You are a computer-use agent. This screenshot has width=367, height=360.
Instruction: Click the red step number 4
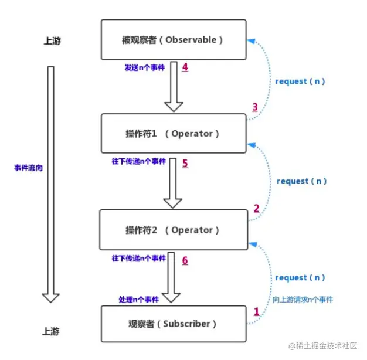click(185, 67)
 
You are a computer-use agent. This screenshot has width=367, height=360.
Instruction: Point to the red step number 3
click(255, 107)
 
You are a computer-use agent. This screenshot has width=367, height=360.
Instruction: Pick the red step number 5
click(185, 164)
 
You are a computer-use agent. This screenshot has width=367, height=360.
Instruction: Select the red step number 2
click(257, 208)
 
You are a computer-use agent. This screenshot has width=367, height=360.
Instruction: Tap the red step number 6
click(185, 260)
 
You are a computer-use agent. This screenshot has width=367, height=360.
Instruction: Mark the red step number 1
click(257, 311)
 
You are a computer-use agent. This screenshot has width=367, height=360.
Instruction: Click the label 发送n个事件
click(145, 67)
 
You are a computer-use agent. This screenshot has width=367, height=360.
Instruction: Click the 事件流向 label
click(28, 168)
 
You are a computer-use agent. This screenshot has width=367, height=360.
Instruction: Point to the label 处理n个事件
click(139, 300)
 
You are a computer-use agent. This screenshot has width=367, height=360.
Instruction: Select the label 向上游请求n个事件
click(303, 300)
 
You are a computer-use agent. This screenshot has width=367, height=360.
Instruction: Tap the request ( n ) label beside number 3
click(300, 81)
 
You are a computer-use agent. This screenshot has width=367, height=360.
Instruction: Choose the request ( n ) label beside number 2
click(302, 181)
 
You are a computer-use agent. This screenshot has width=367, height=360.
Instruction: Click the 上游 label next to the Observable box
click(52, 40)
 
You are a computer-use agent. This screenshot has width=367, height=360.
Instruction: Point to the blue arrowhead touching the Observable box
click(252, 41)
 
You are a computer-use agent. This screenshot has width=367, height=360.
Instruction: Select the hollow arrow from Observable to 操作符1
click(174, 87)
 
